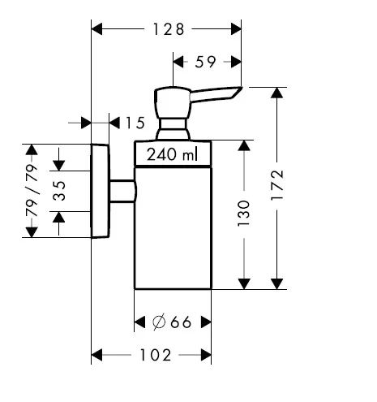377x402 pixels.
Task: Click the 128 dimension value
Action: (x=169, y=29)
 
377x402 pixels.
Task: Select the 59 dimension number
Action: (x=205, y=62)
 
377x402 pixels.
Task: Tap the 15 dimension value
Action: (x=135, y=123)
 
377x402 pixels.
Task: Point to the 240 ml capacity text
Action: (x=172, y=154)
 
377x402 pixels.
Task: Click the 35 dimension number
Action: (x=59, y=191)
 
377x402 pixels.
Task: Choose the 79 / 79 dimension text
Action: (x=32, y=191)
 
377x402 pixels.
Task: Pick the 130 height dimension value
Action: (x=243, y=214)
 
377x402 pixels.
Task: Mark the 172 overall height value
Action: (x=277, y=185)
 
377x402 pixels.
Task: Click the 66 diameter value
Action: (x=181, y=322)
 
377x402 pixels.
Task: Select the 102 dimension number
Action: (x=156, y=355)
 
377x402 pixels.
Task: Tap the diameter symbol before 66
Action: (x=159, y=322)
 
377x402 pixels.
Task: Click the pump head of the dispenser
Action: (x=173, y=102)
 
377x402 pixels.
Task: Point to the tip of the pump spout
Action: (x=242, y=87)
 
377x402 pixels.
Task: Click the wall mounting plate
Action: (x=101, y=191)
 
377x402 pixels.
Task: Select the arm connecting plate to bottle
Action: (x=123, y=191)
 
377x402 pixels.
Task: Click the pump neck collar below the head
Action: (x=173, y=128)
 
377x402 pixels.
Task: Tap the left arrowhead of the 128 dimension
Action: (x=96, y=29)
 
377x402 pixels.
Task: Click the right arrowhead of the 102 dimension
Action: (x=206, y=355)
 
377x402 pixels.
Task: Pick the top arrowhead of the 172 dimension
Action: (x=276, y=93)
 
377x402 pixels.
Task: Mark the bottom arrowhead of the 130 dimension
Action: (x=244, y=283)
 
